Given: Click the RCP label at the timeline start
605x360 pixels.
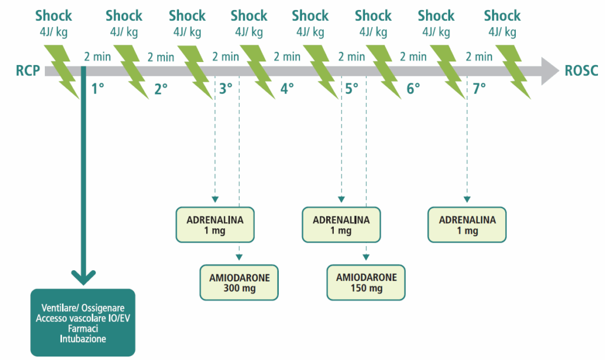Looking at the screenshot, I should coord(28,72).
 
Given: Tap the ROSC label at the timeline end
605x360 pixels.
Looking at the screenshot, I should coord(581,72).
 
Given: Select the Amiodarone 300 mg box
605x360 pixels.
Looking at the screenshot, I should coord(239,283).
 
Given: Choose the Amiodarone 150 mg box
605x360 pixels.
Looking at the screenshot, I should coord(366,283).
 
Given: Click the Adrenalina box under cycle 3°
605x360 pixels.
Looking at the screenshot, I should coord(215,225).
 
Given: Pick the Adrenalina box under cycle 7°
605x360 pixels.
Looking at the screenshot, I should coord(467,225).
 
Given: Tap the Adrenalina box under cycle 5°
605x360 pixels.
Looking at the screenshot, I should coord(341,225).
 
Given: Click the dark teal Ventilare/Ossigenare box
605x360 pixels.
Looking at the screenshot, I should coord(83,323).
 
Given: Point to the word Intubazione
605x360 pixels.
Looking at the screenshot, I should coord(83,339).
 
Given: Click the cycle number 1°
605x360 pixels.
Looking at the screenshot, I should coord(97,89).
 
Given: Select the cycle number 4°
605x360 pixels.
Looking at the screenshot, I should coord(287,89).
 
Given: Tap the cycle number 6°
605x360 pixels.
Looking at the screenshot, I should coord(413,89).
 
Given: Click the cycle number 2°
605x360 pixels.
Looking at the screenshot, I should coord(161,89).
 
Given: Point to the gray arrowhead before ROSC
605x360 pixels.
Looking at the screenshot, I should coord(549,72).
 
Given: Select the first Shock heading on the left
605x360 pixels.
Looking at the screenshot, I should coord(54,16).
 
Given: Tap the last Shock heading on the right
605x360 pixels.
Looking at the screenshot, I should coord(502,16).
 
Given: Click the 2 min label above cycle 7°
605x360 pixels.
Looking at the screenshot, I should coord(479,57).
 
